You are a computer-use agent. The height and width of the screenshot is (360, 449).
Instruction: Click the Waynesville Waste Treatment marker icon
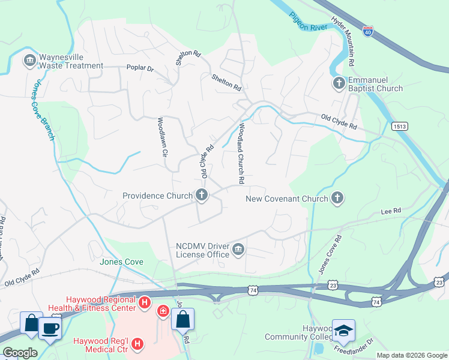29,61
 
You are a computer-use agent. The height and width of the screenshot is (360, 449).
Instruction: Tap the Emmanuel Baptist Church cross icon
339,83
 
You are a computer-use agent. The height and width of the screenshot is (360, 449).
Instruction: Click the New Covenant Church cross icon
338,198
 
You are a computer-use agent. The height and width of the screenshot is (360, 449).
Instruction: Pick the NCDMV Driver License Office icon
238,249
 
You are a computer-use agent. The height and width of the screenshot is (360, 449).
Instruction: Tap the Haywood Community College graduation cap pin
343,331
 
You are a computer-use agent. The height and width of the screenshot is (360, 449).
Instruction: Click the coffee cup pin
50,328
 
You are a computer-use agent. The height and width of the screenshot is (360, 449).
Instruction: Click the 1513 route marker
400,127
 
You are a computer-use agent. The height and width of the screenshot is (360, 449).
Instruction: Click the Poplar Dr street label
140,68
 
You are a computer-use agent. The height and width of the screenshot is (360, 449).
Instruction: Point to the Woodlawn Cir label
161,136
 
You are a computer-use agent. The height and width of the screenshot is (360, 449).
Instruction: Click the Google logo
20,353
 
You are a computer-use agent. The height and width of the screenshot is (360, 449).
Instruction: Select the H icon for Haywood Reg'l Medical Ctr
137,344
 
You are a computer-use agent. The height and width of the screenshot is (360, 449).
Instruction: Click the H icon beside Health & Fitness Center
144,303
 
